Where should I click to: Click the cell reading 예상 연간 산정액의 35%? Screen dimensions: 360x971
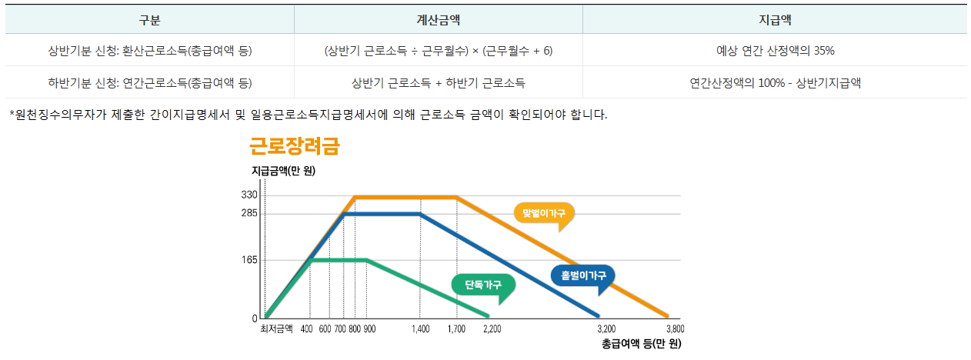coord(775,51)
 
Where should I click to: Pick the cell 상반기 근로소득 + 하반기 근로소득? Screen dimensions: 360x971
coord(439,83)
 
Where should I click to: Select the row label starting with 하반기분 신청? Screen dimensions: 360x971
coord(149,83)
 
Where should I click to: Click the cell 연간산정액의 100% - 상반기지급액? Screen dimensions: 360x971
coord(775,83)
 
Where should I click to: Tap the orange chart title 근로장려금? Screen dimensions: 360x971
coord(294,146)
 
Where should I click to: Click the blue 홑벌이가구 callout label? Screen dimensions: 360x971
coord(583,275)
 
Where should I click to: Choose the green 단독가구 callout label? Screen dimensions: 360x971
coord(483,285)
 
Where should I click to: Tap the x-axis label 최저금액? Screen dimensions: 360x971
coord(276,329)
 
